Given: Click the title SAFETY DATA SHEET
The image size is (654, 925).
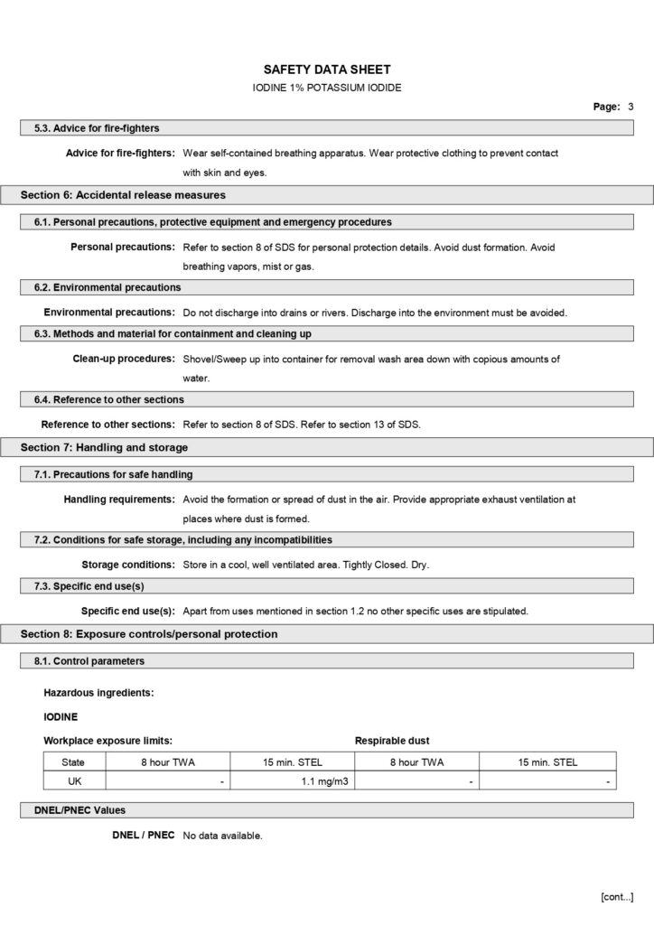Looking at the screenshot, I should click(x=326, y=70).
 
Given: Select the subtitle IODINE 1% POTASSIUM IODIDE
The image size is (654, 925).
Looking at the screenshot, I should click(x=326, y=88).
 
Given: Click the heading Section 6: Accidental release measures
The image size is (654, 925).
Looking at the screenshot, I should click(x=123, y=195).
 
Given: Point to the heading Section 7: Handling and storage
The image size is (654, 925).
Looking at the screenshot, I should click(x=104, y=447).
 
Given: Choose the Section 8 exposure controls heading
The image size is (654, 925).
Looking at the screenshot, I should click(x=149, y=634).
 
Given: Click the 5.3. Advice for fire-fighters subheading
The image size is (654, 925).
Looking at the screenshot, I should click(x=97, y=128).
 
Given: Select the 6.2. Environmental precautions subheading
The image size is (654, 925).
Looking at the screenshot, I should click(x=107, y=287).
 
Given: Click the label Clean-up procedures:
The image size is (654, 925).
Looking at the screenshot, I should click(x=124, y=359).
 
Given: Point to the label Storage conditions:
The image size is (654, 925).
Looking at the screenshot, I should click(x=128, y=565).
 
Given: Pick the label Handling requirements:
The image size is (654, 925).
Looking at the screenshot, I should click(x=119, y=499).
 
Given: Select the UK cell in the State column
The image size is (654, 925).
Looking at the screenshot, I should click(x=74, y=780).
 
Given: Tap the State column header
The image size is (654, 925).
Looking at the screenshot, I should click(x=74, y=762).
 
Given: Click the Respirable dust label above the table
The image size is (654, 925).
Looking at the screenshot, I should click(x=392, y=740).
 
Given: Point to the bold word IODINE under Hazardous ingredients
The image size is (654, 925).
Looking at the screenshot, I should click(x=61, y=716).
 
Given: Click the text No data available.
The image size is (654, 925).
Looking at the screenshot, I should click(x=222, y=836).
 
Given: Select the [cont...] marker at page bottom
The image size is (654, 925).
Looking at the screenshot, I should click(x=616, y=896).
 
